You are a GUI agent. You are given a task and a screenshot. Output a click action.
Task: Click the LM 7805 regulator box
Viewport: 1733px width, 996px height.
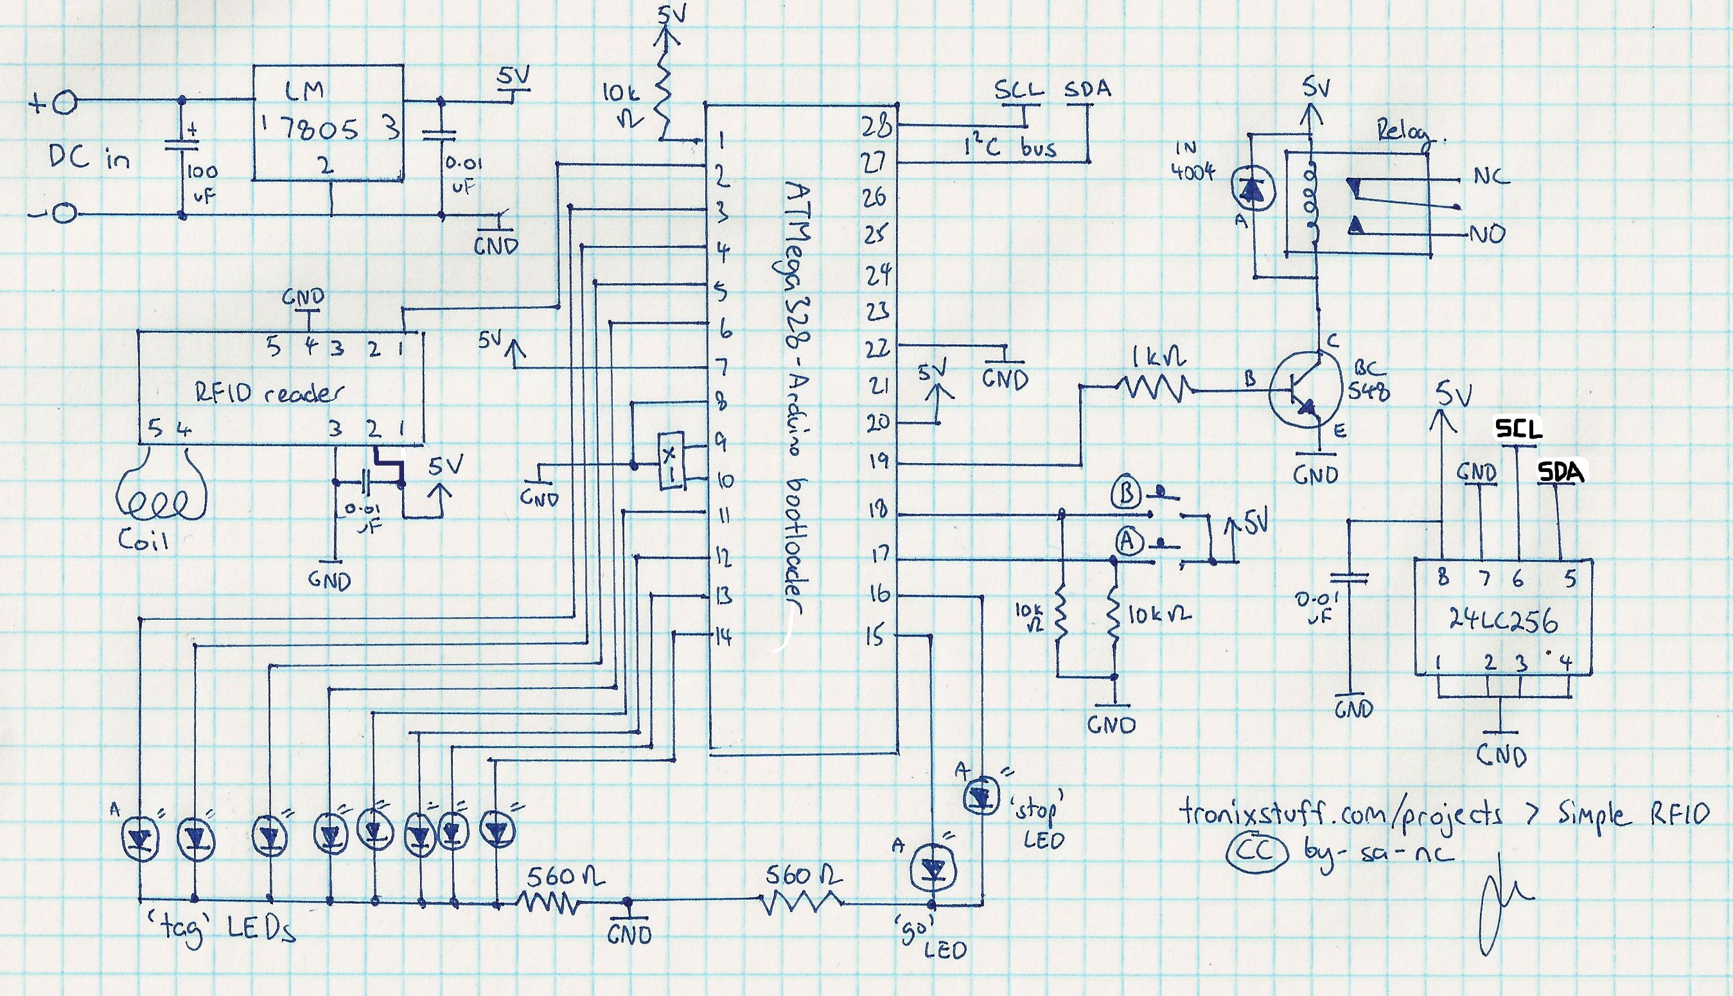(x=328, y=123)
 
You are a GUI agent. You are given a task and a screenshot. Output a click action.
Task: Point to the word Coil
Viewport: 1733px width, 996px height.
(x=143, y=541)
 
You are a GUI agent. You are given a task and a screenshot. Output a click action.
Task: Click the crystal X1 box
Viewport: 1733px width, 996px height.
(x=670, y=462)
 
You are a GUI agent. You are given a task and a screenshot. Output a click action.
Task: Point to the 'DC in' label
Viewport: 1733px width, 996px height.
(x=88, y=159)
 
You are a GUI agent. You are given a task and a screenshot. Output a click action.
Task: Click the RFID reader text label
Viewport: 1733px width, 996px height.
(x=268, y=394)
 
